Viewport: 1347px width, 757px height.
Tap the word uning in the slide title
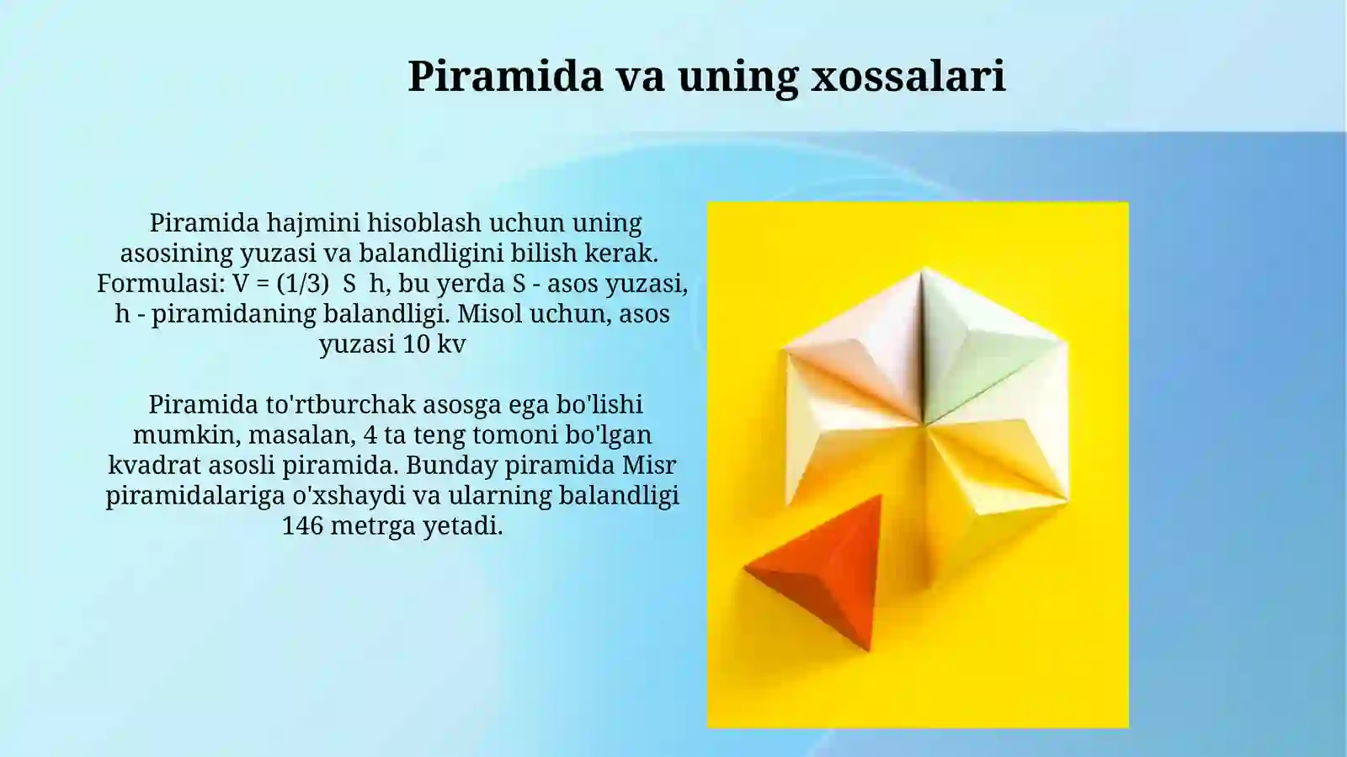click(737, 76)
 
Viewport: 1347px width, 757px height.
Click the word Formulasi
click(159, 284)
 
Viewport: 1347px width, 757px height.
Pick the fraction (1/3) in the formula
click(302, 284)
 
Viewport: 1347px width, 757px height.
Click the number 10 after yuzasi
click(416, 344)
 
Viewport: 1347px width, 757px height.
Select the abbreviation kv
click(451, 344)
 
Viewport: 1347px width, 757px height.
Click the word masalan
click(301, 435)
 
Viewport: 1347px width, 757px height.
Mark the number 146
click(302, 526)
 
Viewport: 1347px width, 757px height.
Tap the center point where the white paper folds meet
click(924, 424)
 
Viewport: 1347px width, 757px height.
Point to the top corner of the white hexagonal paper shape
click(924, 269)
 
